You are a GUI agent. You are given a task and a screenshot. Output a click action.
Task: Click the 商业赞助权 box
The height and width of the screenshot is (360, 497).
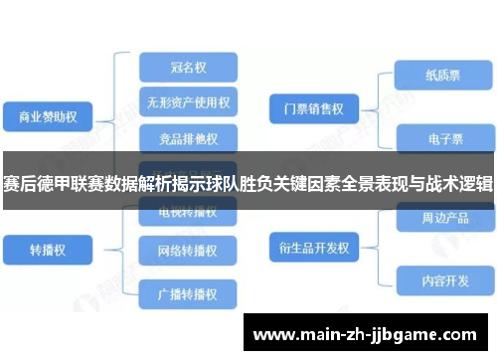[x=49, y=116]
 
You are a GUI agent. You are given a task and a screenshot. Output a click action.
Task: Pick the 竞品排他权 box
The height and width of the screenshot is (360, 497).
[x=188, y=136]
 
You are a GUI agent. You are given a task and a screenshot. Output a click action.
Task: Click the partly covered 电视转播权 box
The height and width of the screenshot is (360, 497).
[x=188, y=212]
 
